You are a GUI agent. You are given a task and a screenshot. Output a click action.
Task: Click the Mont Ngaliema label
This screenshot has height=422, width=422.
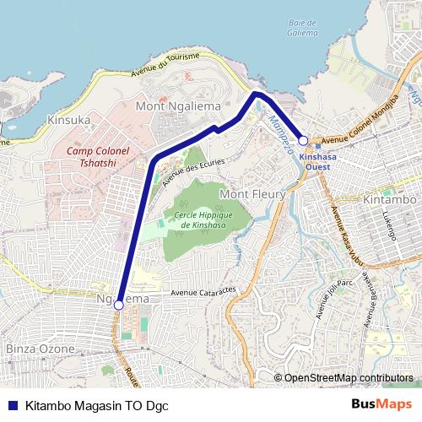(x=178, y=106)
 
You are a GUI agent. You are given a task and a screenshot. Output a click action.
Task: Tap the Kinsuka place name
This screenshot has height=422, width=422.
(x=69, y=120)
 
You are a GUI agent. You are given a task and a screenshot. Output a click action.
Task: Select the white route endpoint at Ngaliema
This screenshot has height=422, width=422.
(x=119, y=305)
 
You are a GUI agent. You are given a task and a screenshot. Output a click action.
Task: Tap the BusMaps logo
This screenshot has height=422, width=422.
(x=381, y=405)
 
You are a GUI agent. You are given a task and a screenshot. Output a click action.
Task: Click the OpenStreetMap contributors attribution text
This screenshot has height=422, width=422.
(x=349, y=378)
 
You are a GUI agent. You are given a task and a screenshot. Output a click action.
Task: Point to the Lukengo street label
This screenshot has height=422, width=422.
(x=389, y=225)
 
